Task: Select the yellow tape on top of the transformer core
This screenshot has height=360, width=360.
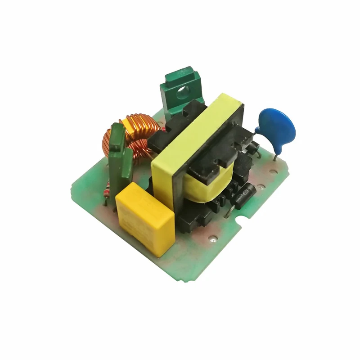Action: pos(198,135)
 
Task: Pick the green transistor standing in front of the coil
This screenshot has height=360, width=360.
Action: pos(119,153)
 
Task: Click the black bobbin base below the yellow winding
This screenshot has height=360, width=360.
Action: pos(198,216)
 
